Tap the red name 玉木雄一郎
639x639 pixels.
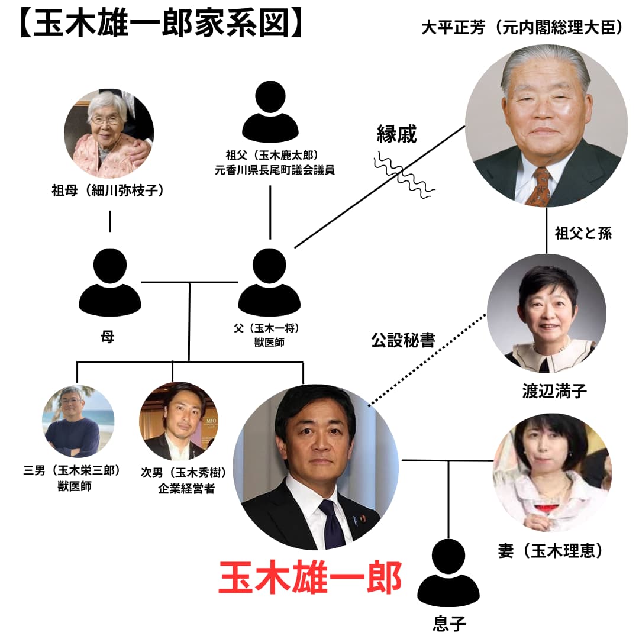(x=310, y=577)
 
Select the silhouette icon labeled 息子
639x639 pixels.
(x=448, y=573)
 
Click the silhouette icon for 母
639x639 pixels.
(x=110, y=283)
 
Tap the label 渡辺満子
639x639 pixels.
(x=546, y=391)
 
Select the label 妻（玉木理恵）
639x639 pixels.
(x=551, y=551)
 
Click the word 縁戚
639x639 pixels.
(x=397, y=135)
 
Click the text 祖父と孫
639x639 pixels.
(x=583, y=233)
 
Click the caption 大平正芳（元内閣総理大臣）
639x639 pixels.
(x=522, y=28)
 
